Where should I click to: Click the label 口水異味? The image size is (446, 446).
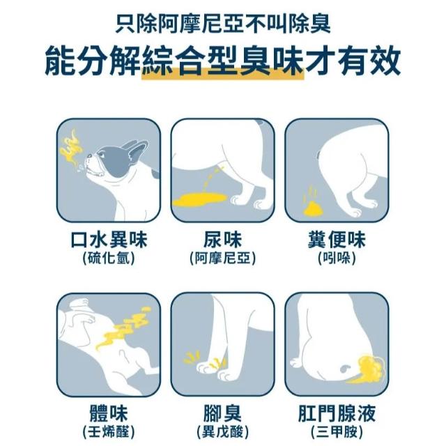tap(109, 240)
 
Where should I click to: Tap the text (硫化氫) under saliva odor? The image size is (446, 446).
tap(109, 259)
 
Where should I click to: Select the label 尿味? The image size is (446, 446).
tap(222, 240)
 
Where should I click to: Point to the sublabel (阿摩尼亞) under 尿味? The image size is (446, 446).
tap(222, 259)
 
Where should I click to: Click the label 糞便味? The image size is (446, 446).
tap(337, 240)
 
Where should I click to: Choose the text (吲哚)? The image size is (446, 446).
tap(337, 259)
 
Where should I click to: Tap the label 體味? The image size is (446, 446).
tap(109, 413)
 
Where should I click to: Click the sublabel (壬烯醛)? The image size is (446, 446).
tap(109, 432)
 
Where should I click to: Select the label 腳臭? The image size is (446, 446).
tap(222, 413)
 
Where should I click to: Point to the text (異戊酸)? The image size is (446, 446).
tap(222, 432)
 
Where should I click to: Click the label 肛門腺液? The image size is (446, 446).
tap(337, 413)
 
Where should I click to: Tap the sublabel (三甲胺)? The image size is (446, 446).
tap(337, 432)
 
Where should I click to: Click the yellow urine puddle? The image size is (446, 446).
tap(200, 199)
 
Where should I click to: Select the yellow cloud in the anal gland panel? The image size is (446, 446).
tap(370, 368)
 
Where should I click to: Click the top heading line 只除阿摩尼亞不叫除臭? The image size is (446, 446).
tap(223, 24)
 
